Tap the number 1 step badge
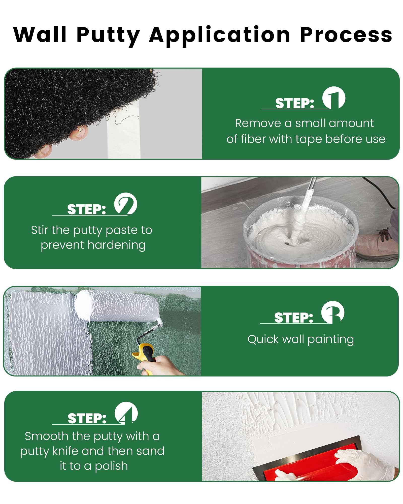334,98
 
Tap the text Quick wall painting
300,339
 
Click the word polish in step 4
111,466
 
